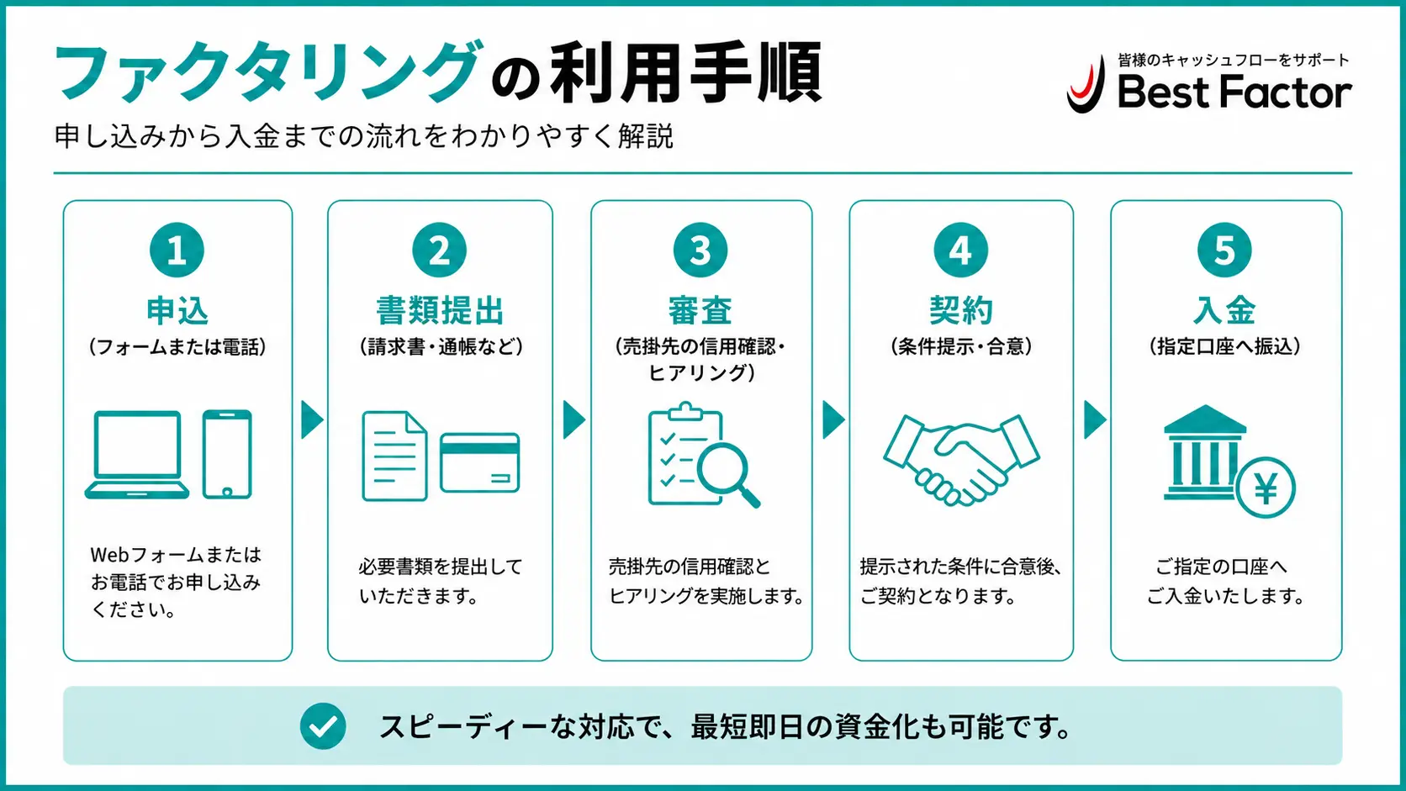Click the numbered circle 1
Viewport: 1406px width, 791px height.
coord(177,250)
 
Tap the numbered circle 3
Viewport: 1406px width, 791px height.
coord(700,250)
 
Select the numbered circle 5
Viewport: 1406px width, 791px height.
coord(1224,250)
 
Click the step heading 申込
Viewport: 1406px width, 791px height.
coord(177,310)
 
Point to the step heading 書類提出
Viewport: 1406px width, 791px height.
coord(440,310)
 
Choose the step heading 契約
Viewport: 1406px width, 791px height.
coord(961,310)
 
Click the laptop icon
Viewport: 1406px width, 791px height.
coord(137,455)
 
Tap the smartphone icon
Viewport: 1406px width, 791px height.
coord(227,454)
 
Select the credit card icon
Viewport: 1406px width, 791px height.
coord(480,462)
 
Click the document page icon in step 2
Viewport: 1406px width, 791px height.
coord(395,456)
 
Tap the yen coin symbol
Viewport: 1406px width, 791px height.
coord(1266,488)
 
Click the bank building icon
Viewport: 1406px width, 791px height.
coord(1204,453)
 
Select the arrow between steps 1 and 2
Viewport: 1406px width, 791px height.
coord(312,419)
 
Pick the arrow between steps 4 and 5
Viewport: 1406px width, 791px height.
coord(1095,419)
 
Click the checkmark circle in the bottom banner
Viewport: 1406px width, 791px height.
coord(323,725)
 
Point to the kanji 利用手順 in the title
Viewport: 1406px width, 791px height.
coord(685,73)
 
